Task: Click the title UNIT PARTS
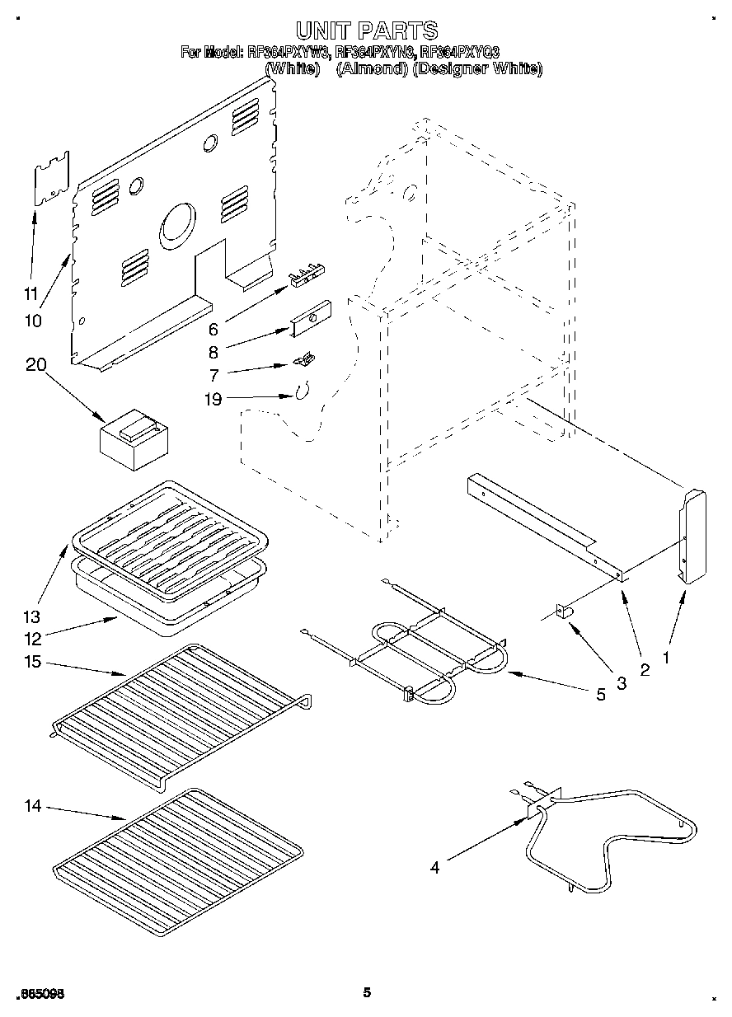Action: coord(367,31)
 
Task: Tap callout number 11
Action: coord(31,293)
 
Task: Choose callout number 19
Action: coord(214,401)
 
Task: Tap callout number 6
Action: coord(213,329)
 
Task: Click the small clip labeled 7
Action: coord(305,359)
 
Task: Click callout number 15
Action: coord(34,663)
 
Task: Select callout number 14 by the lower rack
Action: coord(32,806)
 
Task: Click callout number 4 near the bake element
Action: coord(434,866)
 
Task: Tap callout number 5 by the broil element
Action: coord(600,695)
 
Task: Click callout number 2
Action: coord(645,670)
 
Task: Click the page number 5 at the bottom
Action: coord(367,992)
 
